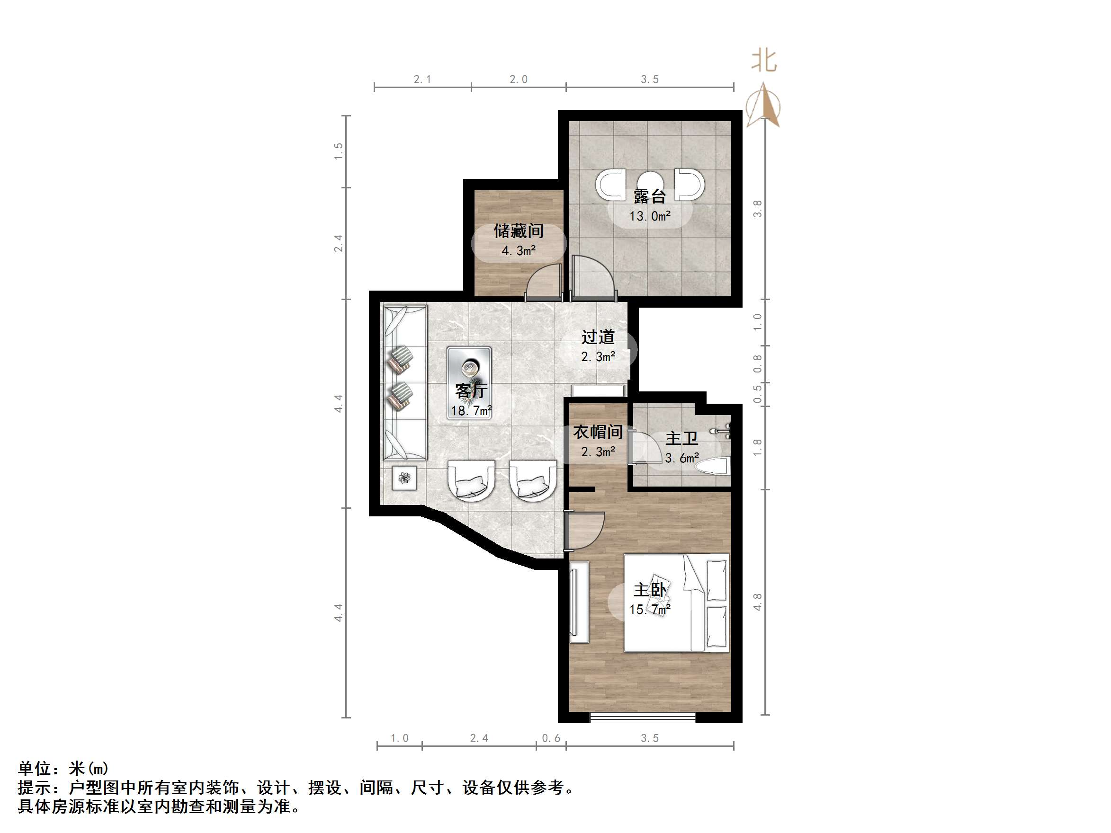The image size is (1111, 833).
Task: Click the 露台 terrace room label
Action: click(x=649, y=196)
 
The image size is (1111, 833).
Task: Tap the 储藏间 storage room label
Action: click(x=519, y=231)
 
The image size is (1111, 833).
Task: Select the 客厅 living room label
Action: click(x=471, y=390)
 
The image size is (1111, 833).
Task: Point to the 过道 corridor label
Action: click(x=598, y=337)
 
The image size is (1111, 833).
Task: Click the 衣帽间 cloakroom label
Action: click(x=598, y=432)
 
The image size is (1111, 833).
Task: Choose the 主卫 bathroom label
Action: click(x=681, y=438)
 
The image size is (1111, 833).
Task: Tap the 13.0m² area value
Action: click(x=650, y=216)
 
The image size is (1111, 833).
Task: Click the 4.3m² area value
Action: click(x=519, y=250)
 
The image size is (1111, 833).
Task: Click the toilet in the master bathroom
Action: click(x=713, y=467)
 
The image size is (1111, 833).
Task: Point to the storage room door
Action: click(x=544, y=282)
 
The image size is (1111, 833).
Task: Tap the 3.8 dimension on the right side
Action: click(x=757, y=209)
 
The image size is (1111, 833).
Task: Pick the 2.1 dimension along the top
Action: click(x=422, y=80)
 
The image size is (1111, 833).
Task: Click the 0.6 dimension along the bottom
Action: click(x=551, y=738)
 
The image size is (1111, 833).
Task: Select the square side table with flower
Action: click(x=404, y=478)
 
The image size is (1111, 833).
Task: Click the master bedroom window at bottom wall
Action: click(x=643, y=718)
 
